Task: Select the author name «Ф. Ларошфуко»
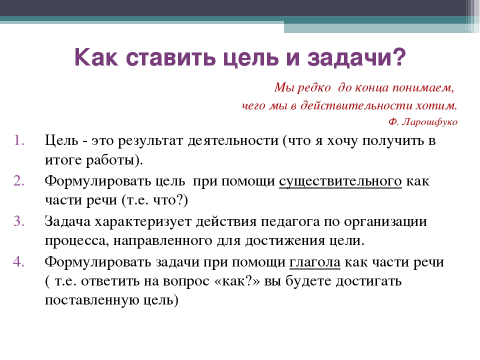pos(423,122)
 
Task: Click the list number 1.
pos(19,140)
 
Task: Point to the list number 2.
pos(19,180)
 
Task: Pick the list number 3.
pos(19,221)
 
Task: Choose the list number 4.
pos(19,261)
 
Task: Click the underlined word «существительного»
pos(340,181)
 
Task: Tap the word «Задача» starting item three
pos(67,221)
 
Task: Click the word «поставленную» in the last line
pos(92,300)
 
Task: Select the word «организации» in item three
pos(385,222)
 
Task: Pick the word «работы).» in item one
pos(114,160)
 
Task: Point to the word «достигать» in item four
pos(368,281)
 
